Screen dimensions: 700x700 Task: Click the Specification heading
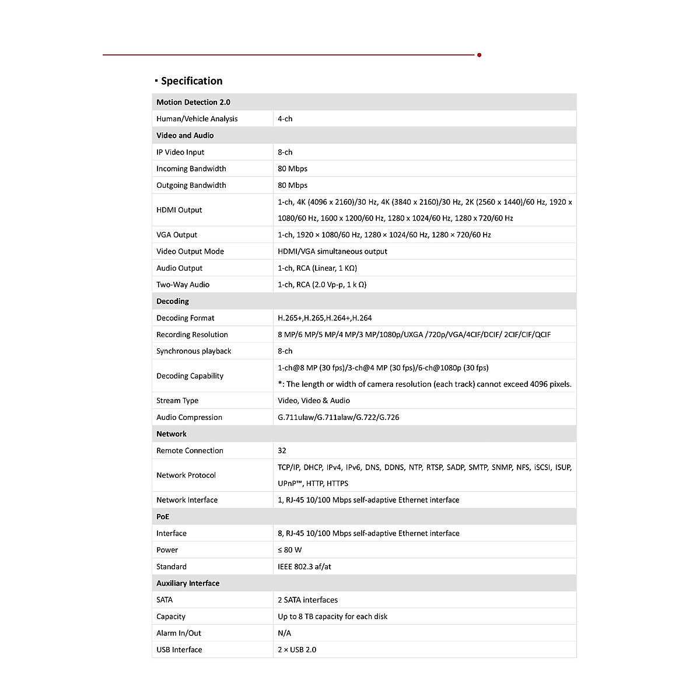tap(191, 81)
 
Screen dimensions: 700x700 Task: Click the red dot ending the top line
tap(479, 55)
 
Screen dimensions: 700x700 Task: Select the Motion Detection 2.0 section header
tap(193, 102)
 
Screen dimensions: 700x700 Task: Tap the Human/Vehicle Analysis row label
tap(197, 118)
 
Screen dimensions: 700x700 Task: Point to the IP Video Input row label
tap(180, 152)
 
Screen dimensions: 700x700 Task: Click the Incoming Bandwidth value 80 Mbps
tap(292, 169)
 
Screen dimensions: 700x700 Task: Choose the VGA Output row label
tap(177, 235)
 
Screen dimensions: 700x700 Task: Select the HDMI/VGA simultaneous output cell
tap(332, 251)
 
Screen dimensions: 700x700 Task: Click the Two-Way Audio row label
tap(183, 285)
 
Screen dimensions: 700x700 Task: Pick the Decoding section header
tap(173, 301)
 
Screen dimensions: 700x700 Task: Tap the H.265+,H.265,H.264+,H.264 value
tap(324, 318)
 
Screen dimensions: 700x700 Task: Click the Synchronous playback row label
tap(194, 351)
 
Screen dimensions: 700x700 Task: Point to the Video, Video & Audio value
tap(314, 401)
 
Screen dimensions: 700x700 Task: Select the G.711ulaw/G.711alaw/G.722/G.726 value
tap(338, 417)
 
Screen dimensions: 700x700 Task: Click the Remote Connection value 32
tap(282, 450)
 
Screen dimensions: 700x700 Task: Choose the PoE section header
tap(163, 517)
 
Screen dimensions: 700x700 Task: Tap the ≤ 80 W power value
tap(289, 550)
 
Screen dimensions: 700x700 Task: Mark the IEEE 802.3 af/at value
tap(304, 566)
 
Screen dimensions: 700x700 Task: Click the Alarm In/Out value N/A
tap(284, 633)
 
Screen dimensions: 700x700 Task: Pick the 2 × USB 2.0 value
tap(297, 650)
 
